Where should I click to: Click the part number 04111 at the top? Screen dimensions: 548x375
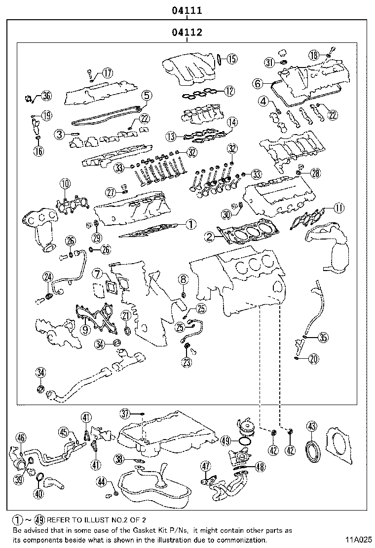pos(187,10)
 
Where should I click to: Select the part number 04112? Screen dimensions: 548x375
pos(187,33)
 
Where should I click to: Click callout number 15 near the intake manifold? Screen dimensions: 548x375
pos(231,59)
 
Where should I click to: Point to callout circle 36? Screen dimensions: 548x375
pos(46,96)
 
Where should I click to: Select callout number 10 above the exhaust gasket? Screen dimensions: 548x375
pos(65,184)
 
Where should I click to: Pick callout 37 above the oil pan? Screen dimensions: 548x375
pos(125,412)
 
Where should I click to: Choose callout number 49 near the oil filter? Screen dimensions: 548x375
pos(225,441)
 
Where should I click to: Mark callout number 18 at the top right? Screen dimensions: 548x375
pos(314,54)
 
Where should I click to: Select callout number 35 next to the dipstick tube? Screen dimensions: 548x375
pos(322,338)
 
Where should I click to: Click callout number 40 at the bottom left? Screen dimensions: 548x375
pos(39,492)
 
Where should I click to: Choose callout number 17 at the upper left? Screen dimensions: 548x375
pos(107,73)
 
